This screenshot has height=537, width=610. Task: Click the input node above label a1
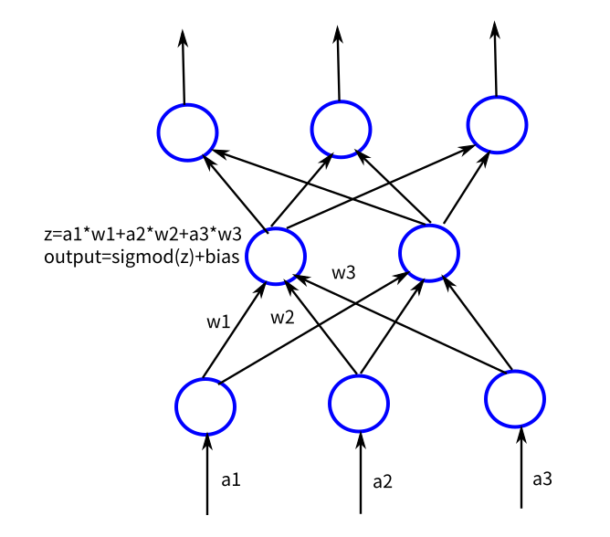(x=206, y=405)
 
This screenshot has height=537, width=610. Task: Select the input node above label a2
(x=360, y=402)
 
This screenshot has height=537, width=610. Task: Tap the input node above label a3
(x=515, y=399)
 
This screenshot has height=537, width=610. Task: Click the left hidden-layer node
(x=275, y=255)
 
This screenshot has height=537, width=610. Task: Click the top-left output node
(x=187, y=132)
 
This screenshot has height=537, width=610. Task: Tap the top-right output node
(x=496, y=124)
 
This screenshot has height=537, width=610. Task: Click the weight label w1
(x=217, y=321)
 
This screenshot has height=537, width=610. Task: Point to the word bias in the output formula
(x=221, y=257)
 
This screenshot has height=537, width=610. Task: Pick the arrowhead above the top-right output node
(x=495, y=31)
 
